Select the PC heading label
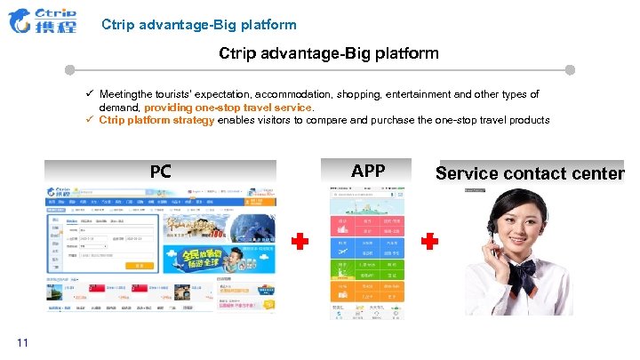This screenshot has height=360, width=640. [160, 171]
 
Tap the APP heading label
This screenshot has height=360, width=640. [368, 170]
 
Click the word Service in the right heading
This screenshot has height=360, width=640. [468, 172]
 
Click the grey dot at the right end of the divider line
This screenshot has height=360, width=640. [570, 69]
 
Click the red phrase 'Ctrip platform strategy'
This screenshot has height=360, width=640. [156, 120]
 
